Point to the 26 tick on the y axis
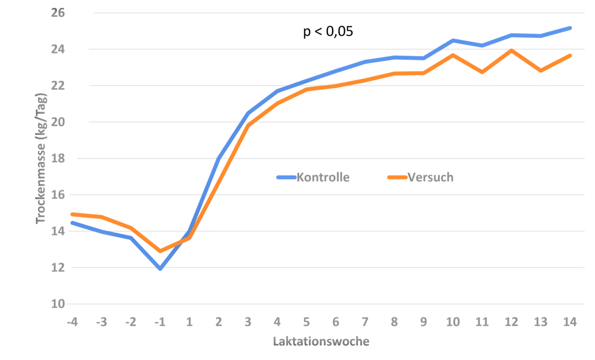pos(58,13)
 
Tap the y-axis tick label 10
pos(58,304)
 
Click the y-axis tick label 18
pos(58,159)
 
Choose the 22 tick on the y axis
pos(58,86)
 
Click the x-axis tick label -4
pos(72,322)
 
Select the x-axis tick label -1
pos(159,322)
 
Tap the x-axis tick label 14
pos(570,322)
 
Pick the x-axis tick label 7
pos(365,322)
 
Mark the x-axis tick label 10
pos(453,322)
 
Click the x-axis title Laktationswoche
pos(321,342)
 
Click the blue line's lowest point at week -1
pos(160,269)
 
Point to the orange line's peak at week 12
pos(511,50)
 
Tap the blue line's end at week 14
pos(570,28)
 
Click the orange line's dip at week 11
pos(482,72)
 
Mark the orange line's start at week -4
pos(73,214)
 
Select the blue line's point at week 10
pos(453,39)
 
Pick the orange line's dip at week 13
pos(540,71)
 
